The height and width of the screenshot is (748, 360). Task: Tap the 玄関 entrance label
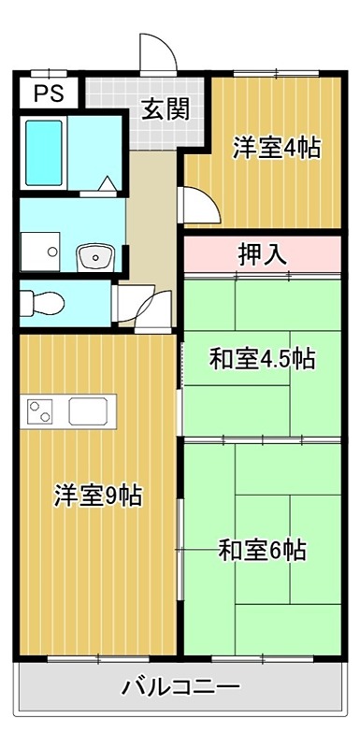(x=166, y=109)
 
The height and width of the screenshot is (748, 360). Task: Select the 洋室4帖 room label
(x=277, y=148)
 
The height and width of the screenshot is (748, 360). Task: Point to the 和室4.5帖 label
(x=261, y=358)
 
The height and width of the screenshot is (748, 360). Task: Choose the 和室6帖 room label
(x=262, y=549)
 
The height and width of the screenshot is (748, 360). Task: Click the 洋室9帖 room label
(x=97, y=496)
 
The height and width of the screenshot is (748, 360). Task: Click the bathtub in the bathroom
(x=43, y=152)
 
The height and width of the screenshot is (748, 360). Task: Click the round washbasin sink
(x=95, y=255)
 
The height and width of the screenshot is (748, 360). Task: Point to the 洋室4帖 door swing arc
(x=196, y=204)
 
